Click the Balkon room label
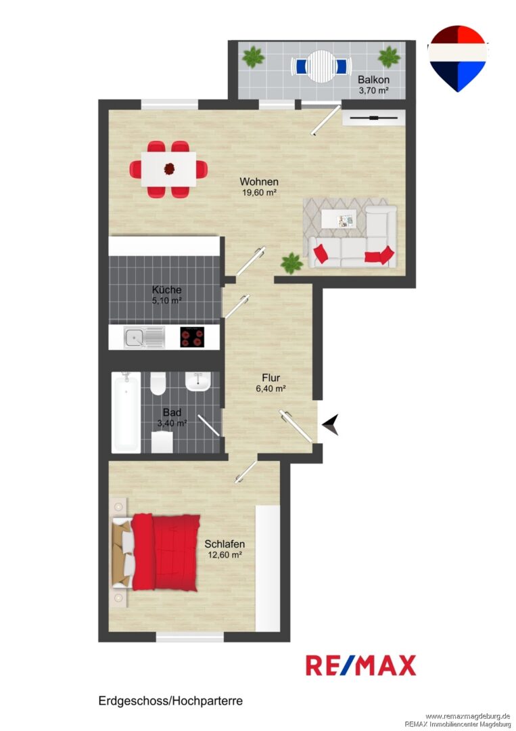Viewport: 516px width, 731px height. coord(373,79)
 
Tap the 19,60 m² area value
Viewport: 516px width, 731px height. coord(260,192)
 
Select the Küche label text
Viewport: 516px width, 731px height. coord(167,290)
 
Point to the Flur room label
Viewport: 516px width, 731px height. coord(271,378)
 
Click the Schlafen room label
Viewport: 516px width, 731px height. coord(225,544)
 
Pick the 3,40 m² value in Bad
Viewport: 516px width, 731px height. coord(172,423)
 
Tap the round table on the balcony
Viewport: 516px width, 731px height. coord(321,66)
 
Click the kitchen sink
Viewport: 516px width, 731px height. coord(144,337)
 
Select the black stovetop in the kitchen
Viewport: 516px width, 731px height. coord(192,337)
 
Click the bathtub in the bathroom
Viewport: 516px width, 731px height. coord(126,412)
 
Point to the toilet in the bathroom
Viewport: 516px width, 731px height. coord(158,383)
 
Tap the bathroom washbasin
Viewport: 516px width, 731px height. coord(198,382)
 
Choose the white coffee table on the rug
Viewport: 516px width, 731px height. coord(339,219)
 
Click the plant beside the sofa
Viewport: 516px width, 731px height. coord(291,263)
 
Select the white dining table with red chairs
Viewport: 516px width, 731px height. coord(168,169)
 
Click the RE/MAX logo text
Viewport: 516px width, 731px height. coord(361,665)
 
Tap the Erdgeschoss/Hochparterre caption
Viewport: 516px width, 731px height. coord(170,701)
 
